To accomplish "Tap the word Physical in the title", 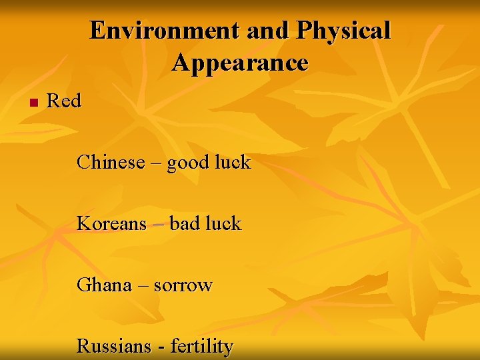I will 344,31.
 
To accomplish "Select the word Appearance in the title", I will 240,63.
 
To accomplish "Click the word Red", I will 64,101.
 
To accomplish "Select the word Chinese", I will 111,162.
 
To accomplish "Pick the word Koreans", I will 111,223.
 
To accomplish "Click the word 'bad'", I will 184,223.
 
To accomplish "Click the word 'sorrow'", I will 183,286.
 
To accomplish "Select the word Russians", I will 114,347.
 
